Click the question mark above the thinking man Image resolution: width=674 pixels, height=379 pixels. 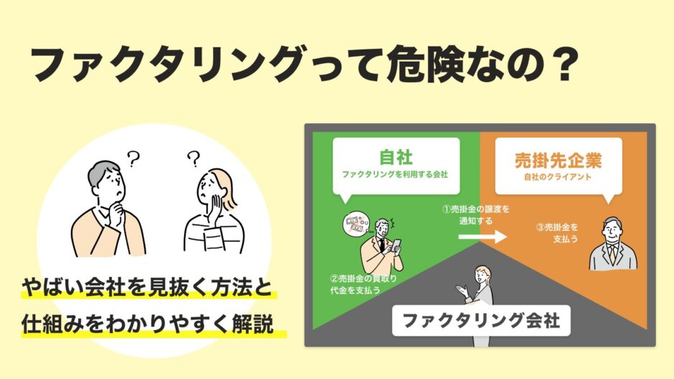click(133, 158)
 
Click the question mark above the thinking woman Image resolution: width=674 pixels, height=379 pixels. click(194, 158)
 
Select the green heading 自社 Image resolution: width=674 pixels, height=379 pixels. click(396, 157)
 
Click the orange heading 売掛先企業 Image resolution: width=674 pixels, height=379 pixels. click(559, 160)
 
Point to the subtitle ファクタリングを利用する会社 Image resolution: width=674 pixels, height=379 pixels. click(395, 175)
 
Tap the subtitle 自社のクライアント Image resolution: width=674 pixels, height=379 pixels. click(558, 177)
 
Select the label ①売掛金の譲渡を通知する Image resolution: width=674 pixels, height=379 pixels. click(476, 215)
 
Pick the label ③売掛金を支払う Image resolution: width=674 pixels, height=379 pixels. click(557, 233)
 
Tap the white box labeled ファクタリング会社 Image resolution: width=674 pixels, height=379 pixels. click(481, 320)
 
